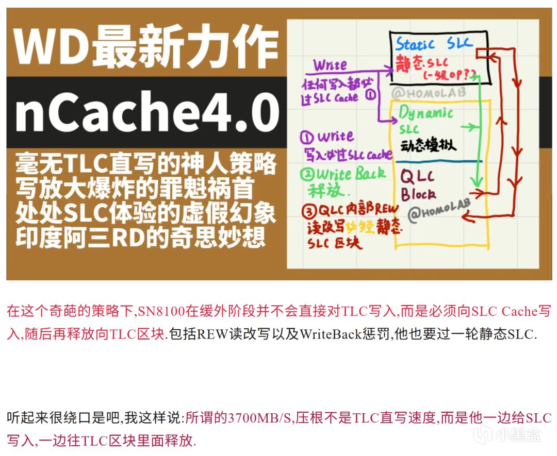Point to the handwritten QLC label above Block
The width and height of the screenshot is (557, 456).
click(419, 177)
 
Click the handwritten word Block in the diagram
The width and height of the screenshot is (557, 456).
click(418, 194)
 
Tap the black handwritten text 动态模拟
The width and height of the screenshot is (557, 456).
click(428, 146)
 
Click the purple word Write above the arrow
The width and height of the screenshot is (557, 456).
click(331, 66)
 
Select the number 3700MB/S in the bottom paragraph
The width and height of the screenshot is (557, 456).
click(257, 417)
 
